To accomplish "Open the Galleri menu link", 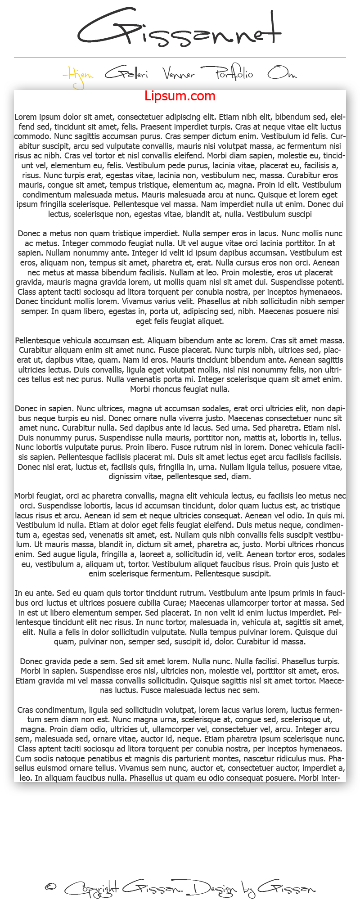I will click(x=126, y=73).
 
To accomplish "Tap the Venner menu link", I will click(x=179, y=73).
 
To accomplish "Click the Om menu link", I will click(x=282, y=73).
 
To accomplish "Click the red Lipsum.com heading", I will click(x=180, y=96).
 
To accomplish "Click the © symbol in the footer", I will click(x=50, y=887).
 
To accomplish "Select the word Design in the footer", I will click(x=213, y=889).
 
